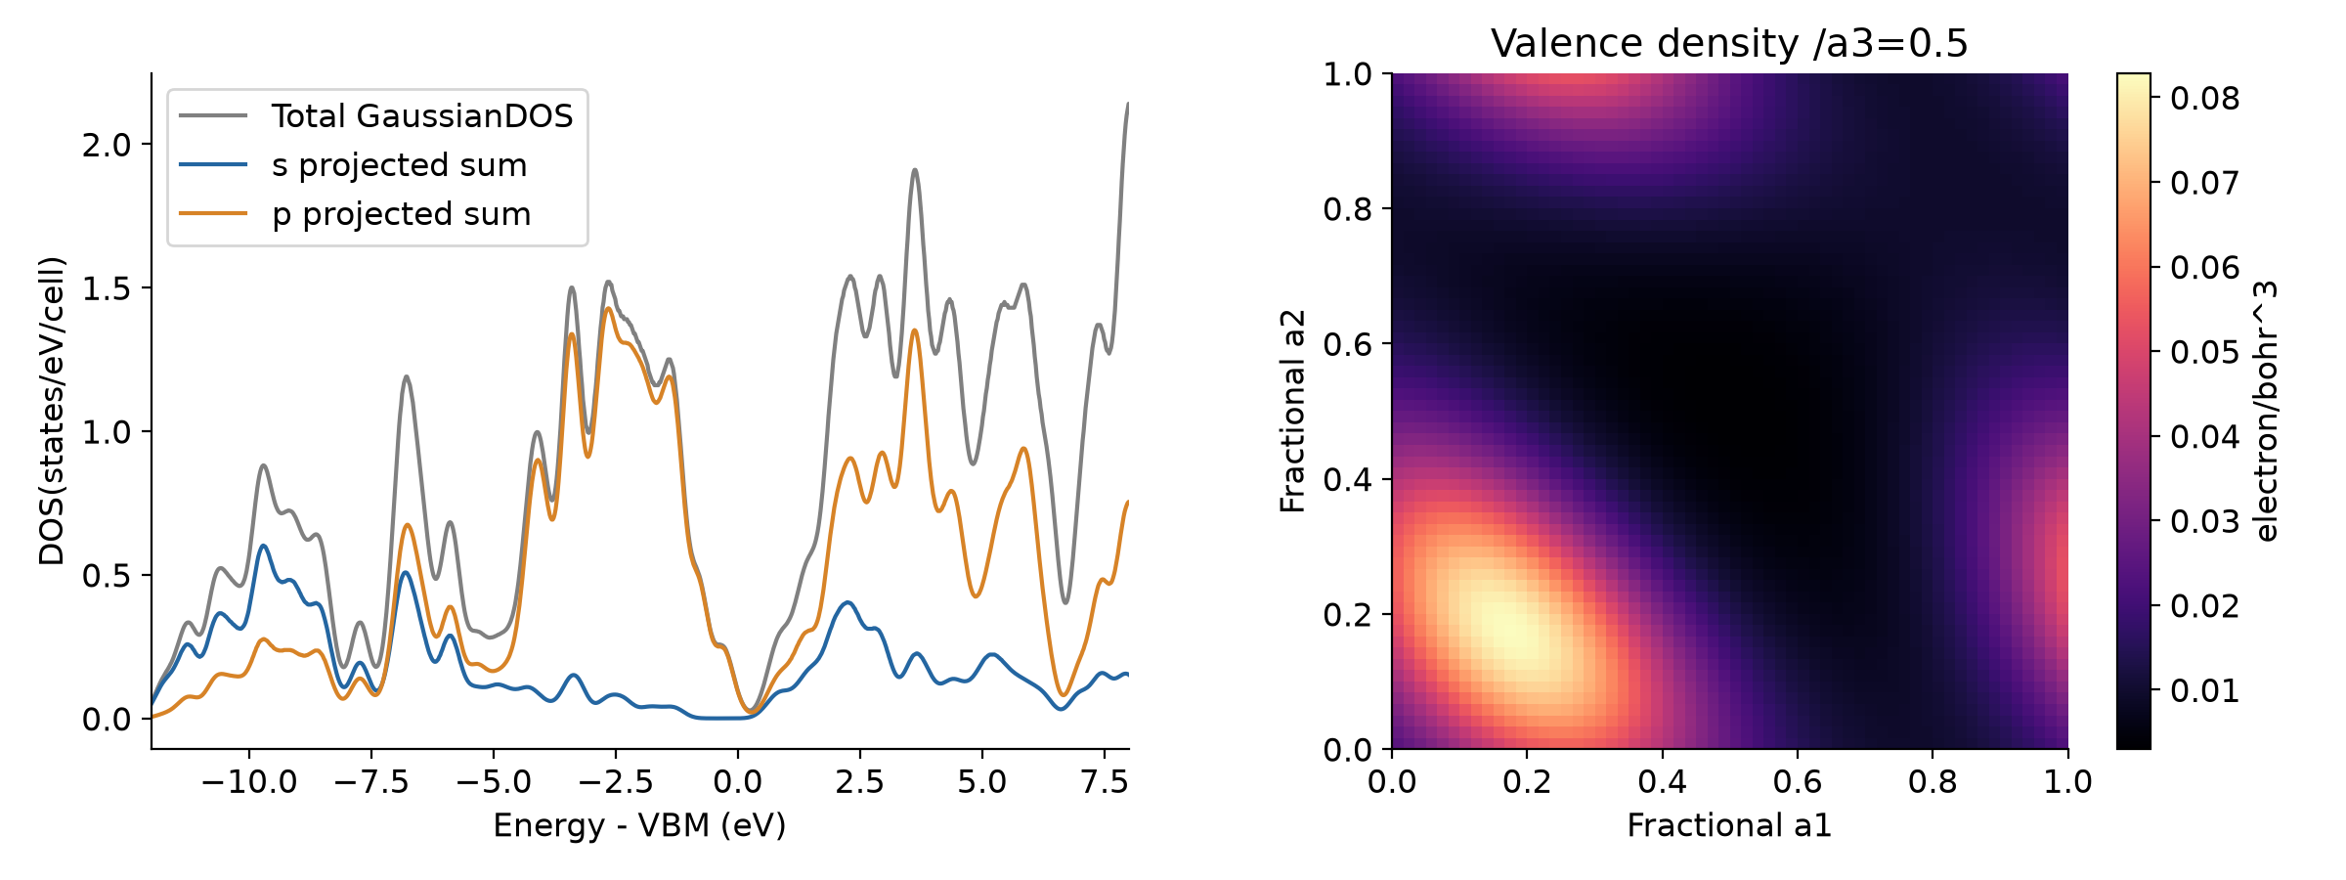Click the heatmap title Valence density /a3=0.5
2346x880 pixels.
point(1729,44)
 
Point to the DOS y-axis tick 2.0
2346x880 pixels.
point(106,145)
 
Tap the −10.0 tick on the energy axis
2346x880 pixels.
point(248,781)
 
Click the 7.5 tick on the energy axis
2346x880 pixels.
point(1105,781)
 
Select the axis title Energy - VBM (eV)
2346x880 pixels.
point(639,825)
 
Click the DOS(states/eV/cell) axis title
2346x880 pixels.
point(51,411)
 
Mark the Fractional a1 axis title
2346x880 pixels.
point(1729,825)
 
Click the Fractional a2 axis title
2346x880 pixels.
point(1292,411)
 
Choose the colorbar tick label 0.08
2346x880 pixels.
point(2204,99)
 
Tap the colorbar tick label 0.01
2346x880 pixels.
point(2204,691)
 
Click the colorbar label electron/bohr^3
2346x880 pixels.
point(2265,411)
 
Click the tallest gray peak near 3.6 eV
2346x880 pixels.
point(915,170)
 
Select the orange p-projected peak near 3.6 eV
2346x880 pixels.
point(915,330)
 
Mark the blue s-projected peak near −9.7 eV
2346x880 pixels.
point(263,546)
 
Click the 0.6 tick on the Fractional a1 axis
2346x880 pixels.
point(1798,781)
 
